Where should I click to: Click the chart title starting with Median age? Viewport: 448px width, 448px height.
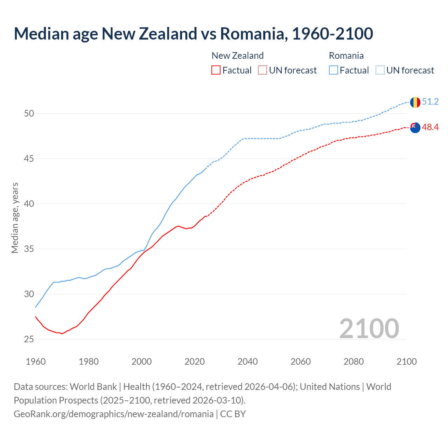click(x=193, y=34)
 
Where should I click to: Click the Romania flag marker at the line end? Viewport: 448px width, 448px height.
click(x=415, y=102)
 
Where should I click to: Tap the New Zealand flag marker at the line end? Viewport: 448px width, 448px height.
click(x=415, y=128)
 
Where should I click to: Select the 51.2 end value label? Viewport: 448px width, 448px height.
click(x=430, y=102)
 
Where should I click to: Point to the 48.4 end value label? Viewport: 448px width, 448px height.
click(x=430, y=127)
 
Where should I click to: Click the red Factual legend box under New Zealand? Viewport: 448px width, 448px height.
click(x=216, y=70)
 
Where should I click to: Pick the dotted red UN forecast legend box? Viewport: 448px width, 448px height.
click(x=262, y=70)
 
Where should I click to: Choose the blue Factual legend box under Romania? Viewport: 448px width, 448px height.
click(x=334, y=70)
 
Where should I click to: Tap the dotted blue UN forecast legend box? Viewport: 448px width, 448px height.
click(x=380, y=70)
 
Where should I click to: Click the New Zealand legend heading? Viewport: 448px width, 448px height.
click(x=237, y=56)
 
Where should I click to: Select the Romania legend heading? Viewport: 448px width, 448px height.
click(x=346, y=56)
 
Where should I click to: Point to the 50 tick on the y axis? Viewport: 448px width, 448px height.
click(x=29, y=113)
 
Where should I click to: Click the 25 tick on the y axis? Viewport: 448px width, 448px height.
click(x=29, y=339)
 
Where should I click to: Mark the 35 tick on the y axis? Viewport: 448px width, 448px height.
click(x=29, y=249)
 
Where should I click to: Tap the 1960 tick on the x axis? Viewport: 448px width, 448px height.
click(x=36, y=362)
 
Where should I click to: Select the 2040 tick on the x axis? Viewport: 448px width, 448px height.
click(x=247, y=362)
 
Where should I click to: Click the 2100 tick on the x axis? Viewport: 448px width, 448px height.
click(x=406, y=362)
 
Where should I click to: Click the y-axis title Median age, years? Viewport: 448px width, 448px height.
click(x=15, y=218)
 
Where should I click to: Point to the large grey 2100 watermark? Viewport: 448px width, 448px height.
click(x=369, y=328)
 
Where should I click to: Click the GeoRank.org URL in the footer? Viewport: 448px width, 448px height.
click(x=113, y=414)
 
